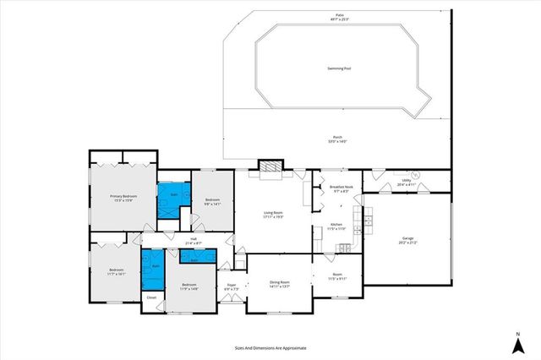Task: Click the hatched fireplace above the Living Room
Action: (270, 167)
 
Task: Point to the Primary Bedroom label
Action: (123, 198)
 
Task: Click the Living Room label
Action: (271, 215)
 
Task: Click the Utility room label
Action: (406, 182)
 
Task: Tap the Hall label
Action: (194, 241)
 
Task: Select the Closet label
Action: (151, 298)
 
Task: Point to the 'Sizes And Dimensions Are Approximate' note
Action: (270, 347)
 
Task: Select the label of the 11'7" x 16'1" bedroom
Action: (117, 272)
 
